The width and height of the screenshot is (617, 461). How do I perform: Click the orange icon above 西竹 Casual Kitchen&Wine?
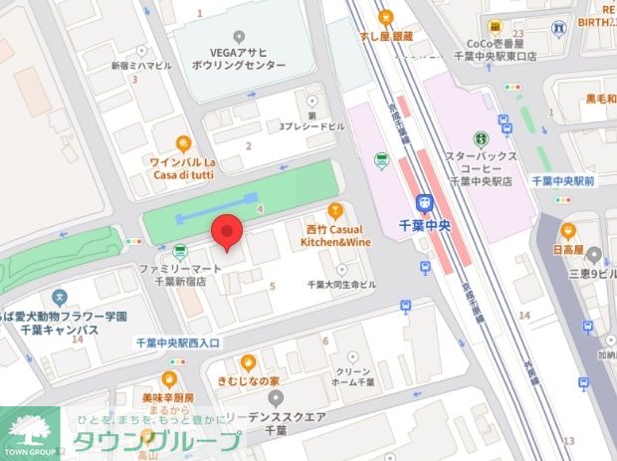click(334, 209)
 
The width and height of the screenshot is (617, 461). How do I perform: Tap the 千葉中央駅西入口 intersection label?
click(182, 342)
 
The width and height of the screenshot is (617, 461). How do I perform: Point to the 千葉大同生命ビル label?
click(341, 285)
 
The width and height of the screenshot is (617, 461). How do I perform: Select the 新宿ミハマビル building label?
click(140, 65)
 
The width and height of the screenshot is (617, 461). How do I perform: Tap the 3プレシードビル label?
click(312, 126)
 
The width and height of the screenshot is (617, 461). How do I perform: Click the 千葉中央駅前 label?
click(563, 182)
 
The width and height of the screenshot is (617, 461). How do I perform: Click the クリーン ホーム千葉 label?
click(352, 375)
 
